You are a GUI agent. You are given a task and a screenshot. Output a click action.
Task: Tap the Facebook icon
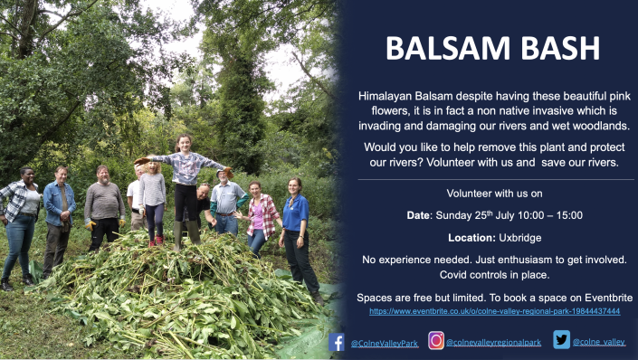point(337,342)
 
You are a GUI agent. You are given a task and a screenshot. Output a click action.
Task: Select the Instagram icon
point(436,341)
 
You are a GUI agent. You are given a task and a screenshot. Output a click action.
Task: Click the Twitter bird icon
point(561,340)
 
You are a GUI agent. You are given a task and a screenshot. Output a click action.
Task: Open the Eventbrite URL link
point(494,311)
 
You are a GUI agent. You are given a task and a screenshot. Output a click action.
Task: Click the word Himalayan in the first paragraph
point(386,94)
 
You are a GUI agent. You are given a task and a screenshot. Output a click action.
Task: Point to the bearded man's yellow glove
point(90,225)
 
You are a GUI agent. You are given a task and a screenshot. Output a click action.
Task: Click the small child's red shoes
point(155,242)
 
